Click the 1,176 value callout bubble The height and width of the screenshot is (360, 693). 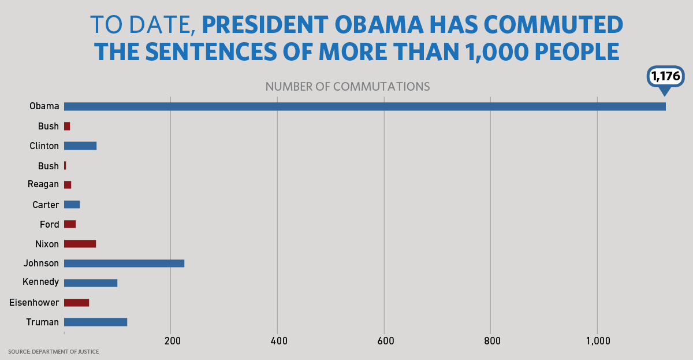pos(666,76)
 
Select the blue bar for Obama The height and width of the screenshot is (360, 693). pos(364,106)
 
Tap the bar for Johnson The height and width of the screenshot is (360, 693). pos(124,263)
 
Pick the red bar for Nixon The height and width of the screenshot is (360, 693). pos(80,244)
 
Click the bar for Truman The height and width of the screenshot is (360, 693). pos(95,322)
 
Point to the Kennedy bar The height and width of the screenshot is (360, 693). pos(91,283)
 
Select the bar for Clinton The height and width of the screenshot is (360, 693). pos(80,146)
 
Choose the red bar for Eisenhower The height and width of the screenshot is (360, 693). pos(76,302)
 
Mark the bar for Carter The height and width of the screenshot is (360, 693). pos(72,205)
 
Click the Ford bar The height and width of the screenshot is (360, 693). pos(70,224)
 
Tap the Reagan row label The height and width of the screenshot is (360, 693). pos(43,184)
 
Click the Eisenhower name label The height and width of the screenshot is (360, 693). pos(34,302)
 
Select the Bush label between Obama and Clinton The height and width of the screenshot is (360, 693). pos(49,126)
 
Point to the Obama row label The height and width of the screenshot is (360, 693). pos(44,106)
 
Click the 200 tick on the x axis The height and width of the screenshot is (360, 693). pos(170,341)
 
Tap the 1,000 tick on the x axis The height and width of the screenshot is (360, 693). pos(598,341)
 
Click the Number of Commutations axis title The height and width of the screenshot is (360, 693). pos(347,87)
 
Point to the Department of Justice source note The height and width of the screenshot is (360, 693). pos(53,351)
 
